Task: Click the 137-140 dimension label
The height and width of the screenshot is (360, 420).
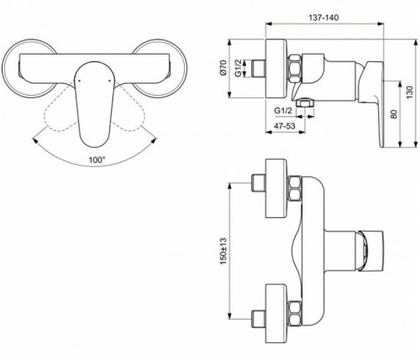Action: tap(323, 18)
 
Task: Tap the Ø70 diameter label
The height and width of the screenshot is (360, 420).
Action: tap(223, 67)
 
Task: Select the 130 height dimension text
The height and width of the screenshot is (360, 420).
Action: tap(409, 92)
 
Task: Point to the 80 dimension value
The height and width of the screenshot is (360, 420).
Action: tap(394, 114)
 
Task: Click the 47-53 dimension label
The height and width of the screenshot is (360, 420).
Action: tap(285, 126)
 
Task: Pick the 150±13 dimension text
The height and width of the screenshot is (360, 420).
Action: tap(223, 251)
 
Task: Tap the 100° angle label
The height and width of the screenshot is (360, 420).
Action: tap(97, 160)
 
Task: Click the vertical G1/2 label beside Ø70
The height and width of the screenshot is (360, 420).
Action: tap(238, 68)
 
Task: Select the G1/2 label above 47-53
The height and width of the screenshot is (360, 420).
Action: tap(283, 111)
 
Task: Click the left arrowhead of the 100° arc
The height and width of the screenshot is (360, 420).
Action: tap(35, 139)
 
